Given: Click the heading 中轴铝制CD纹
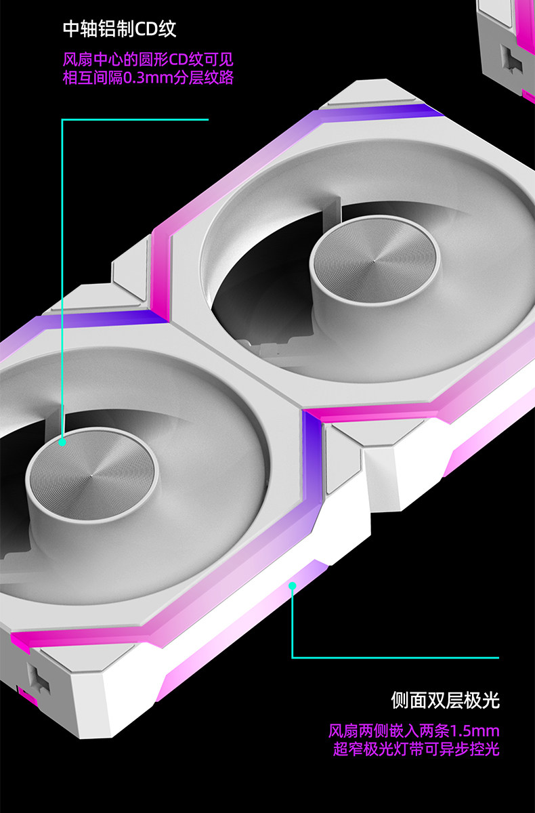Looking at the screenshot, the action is pyautogui.click(x=120, y=29).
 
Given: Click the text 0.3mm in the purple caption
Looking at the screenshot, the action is pyautogui.click(x=148, y=78).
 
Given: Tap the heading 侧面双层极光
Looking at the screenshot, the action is pyautogui.click(x=445, y=700).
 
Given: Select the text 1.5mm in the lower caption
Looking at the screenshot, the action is pyautogui.click(x=475, y=730).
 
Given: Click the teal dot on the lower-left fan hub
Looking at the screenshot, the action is pyautogui.click(x=62, y=442).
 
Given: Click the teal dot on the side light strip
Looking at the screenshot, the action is pyautogui.click(x=293, y=586).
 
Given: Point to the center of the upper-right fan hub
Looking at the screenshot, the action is pyautogui.click(x=374, y=260).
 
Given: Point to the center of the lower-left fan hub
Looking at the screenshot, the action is pyautogui.click(x=92, y=475).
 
